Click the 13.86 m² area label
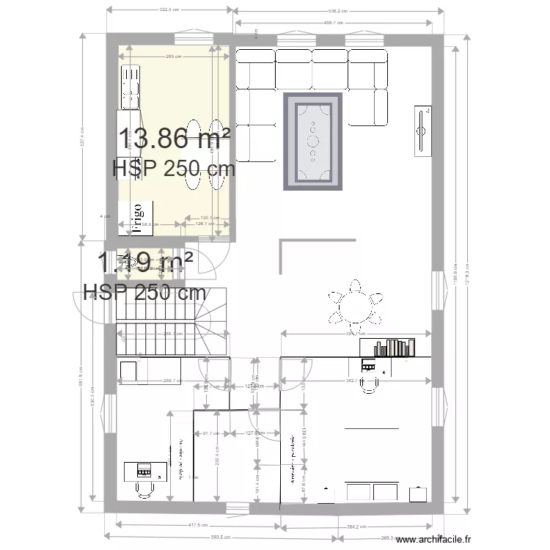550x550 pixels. pyautogui.click(x=175, y=137)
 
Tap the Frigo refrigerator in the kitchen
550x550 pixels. pyautogui.click(x=136, y=218)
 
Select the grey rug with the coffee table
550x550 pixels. pyautogui.click(x=313, y=142)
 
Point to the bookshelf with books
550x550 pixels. pyautogui.click(x=395, y=348)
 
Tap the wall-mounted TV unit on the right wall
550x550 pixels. pyautogui.click(x=423, y=131)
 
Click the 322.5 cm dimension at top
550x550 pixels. pyautogui.click(x=170, y=10)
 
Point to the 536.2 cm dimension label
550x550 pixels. pyautogui.click(x=338, y=10)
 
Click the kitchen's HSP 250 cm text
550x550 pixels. pyautogui.click(x=174, y=169)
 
